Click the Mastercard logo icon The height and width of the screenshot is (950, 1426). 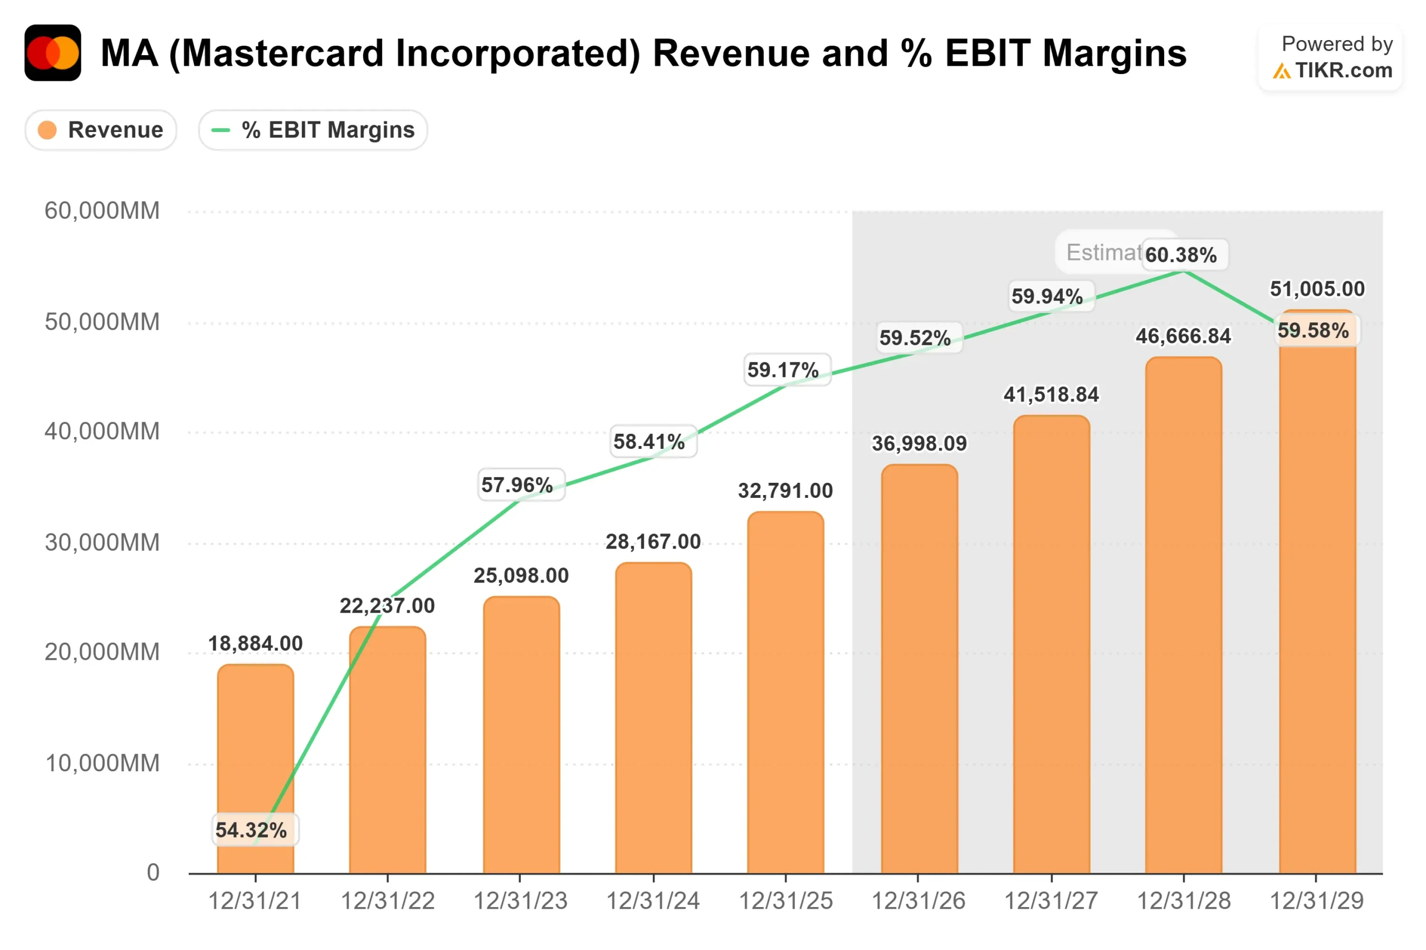tap(53, 53)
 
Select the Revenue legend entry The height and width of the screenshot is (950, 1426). tap(101, 130)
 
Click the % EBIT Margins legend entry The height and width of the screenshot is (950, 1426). tap(312, 130)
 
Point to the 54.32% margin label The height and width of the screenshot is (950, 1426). tap(251, 829)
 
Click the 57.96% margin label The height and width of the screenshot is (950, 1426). tap(517, 484)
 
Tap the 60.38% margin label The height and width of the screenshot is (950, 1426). tap(1180, 255)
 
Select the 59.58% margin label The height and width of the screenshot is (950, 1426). tap(1313, 330)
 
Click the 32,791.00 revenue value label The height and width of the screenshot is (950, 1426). tap(785, 490)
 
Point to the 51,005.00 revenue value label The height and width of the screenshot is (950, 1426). tap(1317, 289)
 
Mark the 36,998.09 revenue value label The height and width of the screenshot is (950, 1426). tap(919, 443)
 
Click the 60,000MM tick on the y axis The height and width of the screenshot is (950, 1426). tap(102, 211)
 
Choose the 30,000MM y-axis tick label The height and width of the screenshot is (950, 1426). tap(102, 542)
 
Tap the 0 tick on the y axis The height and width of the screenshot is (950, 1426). tap(153, 872)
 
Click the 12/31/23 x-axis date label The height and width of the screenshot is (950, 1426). tap(520, 901)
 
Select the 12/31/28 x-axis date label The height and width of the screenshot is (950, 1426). tap(1183, 901)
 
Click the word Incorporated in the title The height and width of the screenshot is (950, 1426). tap(405, 53)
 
